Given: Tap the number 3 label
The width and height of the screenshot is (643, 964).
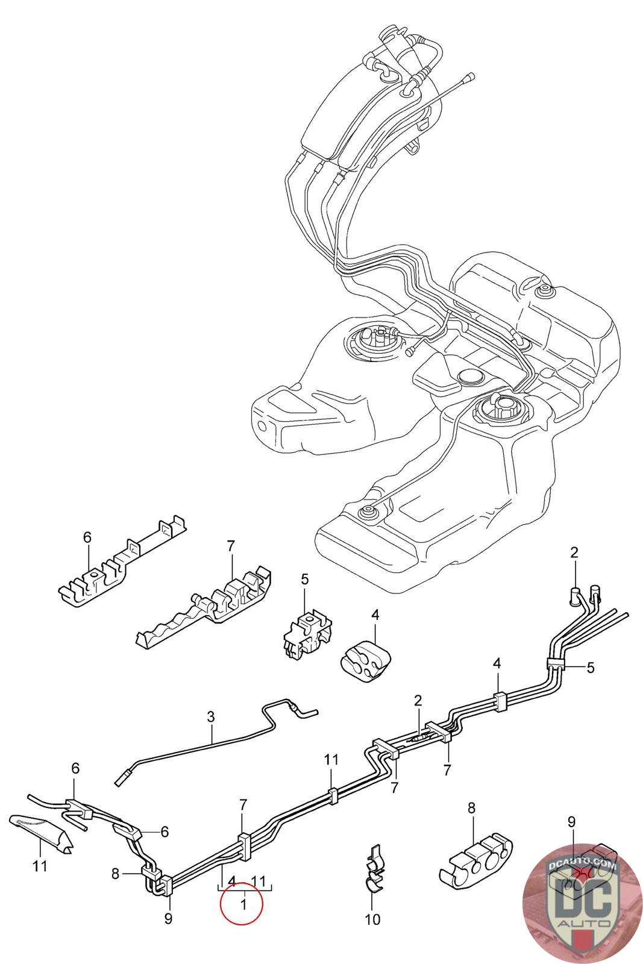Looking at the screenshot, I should pos(210,717).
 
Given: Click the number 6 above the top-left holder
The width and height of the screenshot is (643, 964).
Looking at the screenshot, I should pos(87,537).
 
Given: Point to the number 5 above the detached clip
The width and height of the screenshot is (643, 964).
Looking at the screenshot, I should pos(304,580).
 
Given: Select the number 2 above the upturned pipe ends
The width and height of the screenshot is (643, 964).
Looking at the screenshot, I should pos(574,552).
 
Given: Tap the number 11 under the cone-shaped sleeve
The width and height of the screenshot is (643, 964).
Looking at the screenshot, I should pos(40,866).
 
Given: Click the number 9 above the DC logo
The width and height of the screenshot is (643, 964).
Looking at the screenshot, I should pos(571,820).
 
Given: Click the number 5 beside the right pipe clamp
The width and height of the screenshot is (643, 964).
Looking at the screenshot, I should pos(591,667).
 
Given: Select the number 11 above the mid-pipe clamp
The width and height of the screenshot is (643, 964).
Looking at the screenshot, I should pos(331,759).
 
